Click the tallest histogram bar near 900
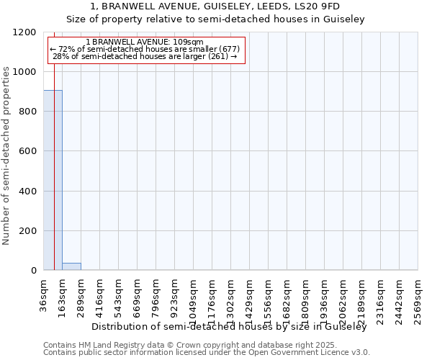tap(53, 180)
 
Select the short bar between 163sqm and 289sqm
tap(71, 266)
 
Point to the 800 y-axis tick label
tap(28, 112)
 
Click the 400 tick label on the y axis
tap(28, 192)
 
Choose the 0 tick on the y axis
tap(34, 271)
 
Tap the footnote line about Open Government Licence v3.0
tap(207, 353)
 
